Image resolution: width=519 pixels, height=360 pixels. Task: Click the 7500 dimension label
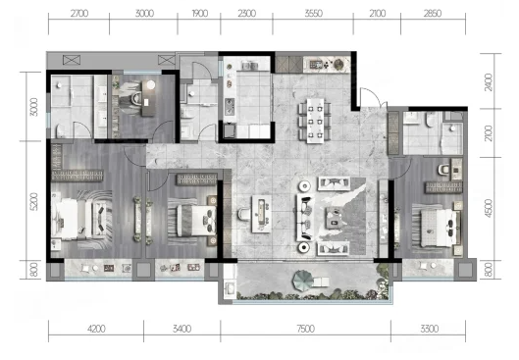[305, 329]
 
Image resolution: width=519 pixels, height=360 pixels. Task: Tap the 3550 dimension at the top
[313, 14]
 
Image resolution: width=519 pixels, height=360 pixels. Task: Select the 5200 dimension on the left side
[33, 201]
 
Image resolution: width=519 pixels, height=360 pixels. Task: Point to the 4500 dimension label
[489, 208]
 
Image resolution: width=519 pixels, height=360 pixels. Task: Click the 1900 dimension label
[199, 14]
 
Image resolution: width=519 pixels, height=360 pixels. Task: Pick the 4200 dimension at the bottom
[96, 329]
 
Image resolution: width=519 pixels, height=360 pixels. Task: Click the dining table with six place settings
[315, 121]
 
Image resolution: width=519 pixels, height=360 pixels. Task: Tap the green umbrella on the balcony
[302, 281]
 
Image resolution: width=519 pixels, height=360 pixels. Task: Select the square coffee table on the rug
[334, 218]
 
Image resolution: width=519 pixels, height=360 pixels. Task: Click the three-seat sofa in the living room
[304, 218]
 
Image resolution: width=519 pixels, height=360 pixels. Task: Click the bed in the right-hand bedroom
[437, 224]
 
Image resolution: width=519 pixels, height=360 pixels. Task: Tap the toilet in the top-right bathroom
[430, 120]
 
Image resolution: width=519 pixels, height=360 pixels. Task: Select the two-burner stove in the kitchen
[230, 107]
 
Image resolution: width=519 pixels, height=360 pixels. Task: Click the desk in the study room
[148, 98]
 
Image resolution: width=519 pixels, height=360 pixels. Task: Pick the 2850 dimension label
[433, 14]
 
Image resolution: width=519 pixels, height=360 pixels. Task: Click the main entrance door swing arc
[374, 92]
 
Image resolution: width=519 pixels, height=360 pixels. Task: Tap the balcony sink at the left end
[230, 288]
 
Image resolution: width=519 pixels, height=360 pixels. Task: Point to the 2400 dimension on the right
[489, 82]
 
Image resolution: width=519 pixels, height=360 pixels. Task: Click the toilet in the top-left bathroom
[61, 131]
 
